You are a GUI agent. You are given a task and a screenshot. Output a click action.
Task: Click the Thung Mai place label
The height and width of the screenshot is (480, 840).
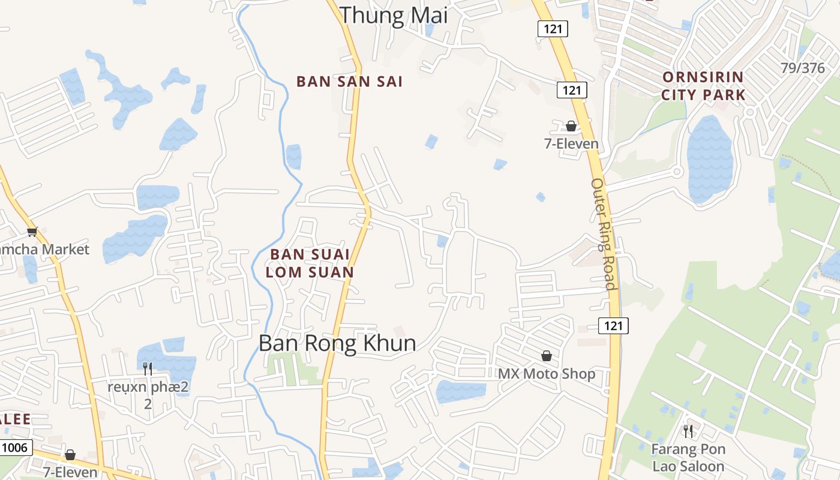(x=394, y=15)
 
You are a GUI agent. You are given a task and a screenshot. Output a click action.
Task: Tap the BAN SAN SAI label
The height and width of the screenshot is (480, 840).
(x=349, y=82)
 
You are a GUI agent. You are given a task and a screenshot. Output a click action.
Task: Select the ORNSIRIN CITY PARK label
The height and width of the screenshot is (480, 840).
(x=703, y=86)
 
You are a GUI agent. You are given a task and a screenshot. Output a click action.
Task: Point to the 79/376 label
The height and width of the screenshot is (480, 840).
(x=803, y=68)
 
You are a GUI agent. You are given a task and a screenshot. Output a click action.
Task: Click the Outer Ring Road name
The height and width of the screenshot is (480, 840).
(x=604, y=234)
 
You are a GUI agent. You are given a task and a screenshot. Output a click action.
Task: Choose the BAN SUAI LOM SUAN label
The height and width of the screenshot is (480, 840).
(x=310, y=263)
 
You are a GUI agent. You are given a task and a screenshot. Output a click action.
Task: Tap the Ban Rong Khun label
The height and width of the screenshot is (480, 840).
(x=337, y=343)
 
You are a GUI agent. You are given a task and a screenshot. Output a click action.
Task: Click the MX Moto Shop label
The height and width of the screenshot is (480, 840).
(x=547, y=374)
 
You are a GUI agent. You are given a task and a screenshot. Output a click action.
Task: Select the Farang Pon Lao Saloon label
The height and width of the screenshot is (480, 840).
(x=688, y=457)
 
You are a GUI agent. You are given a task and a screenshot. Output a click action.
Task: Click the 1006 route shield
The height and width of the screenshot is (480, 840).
(x=16, y=447)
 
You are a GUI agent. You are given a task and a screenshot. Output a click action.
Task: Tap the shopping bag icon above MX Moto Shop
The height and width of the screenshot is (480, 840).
(x=547, y=356)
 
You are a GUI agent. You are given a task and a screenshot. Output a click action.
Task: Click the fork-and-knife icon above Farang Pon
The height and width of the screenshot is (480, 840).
(x=688, y=431)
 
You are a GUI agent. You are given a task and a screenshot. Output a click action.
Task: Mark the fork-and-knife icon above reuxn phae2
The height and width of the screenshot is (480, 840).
(x=148, y=368)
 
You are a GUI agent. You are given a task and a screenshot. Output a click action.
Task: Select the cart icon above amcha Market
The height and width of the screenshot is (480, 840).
(x=32, y=232)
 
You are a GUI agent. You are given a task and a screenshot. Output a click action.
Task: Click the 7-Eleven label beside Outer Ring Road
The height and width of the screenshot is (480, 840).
(x=571, y=143)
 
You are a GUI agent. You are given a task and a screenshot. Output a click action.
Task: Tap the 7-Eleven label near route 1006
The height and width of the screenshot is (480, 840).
(x=70, y=472)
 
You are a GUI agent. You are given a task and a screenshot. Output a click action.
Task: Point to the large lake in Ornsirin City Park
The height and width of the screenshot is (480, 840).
(x=709, y=158)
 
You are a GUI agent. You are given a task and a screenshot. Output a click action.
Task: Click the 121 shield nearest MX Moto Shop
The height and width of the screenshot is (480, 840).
(x=613, y=326)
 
